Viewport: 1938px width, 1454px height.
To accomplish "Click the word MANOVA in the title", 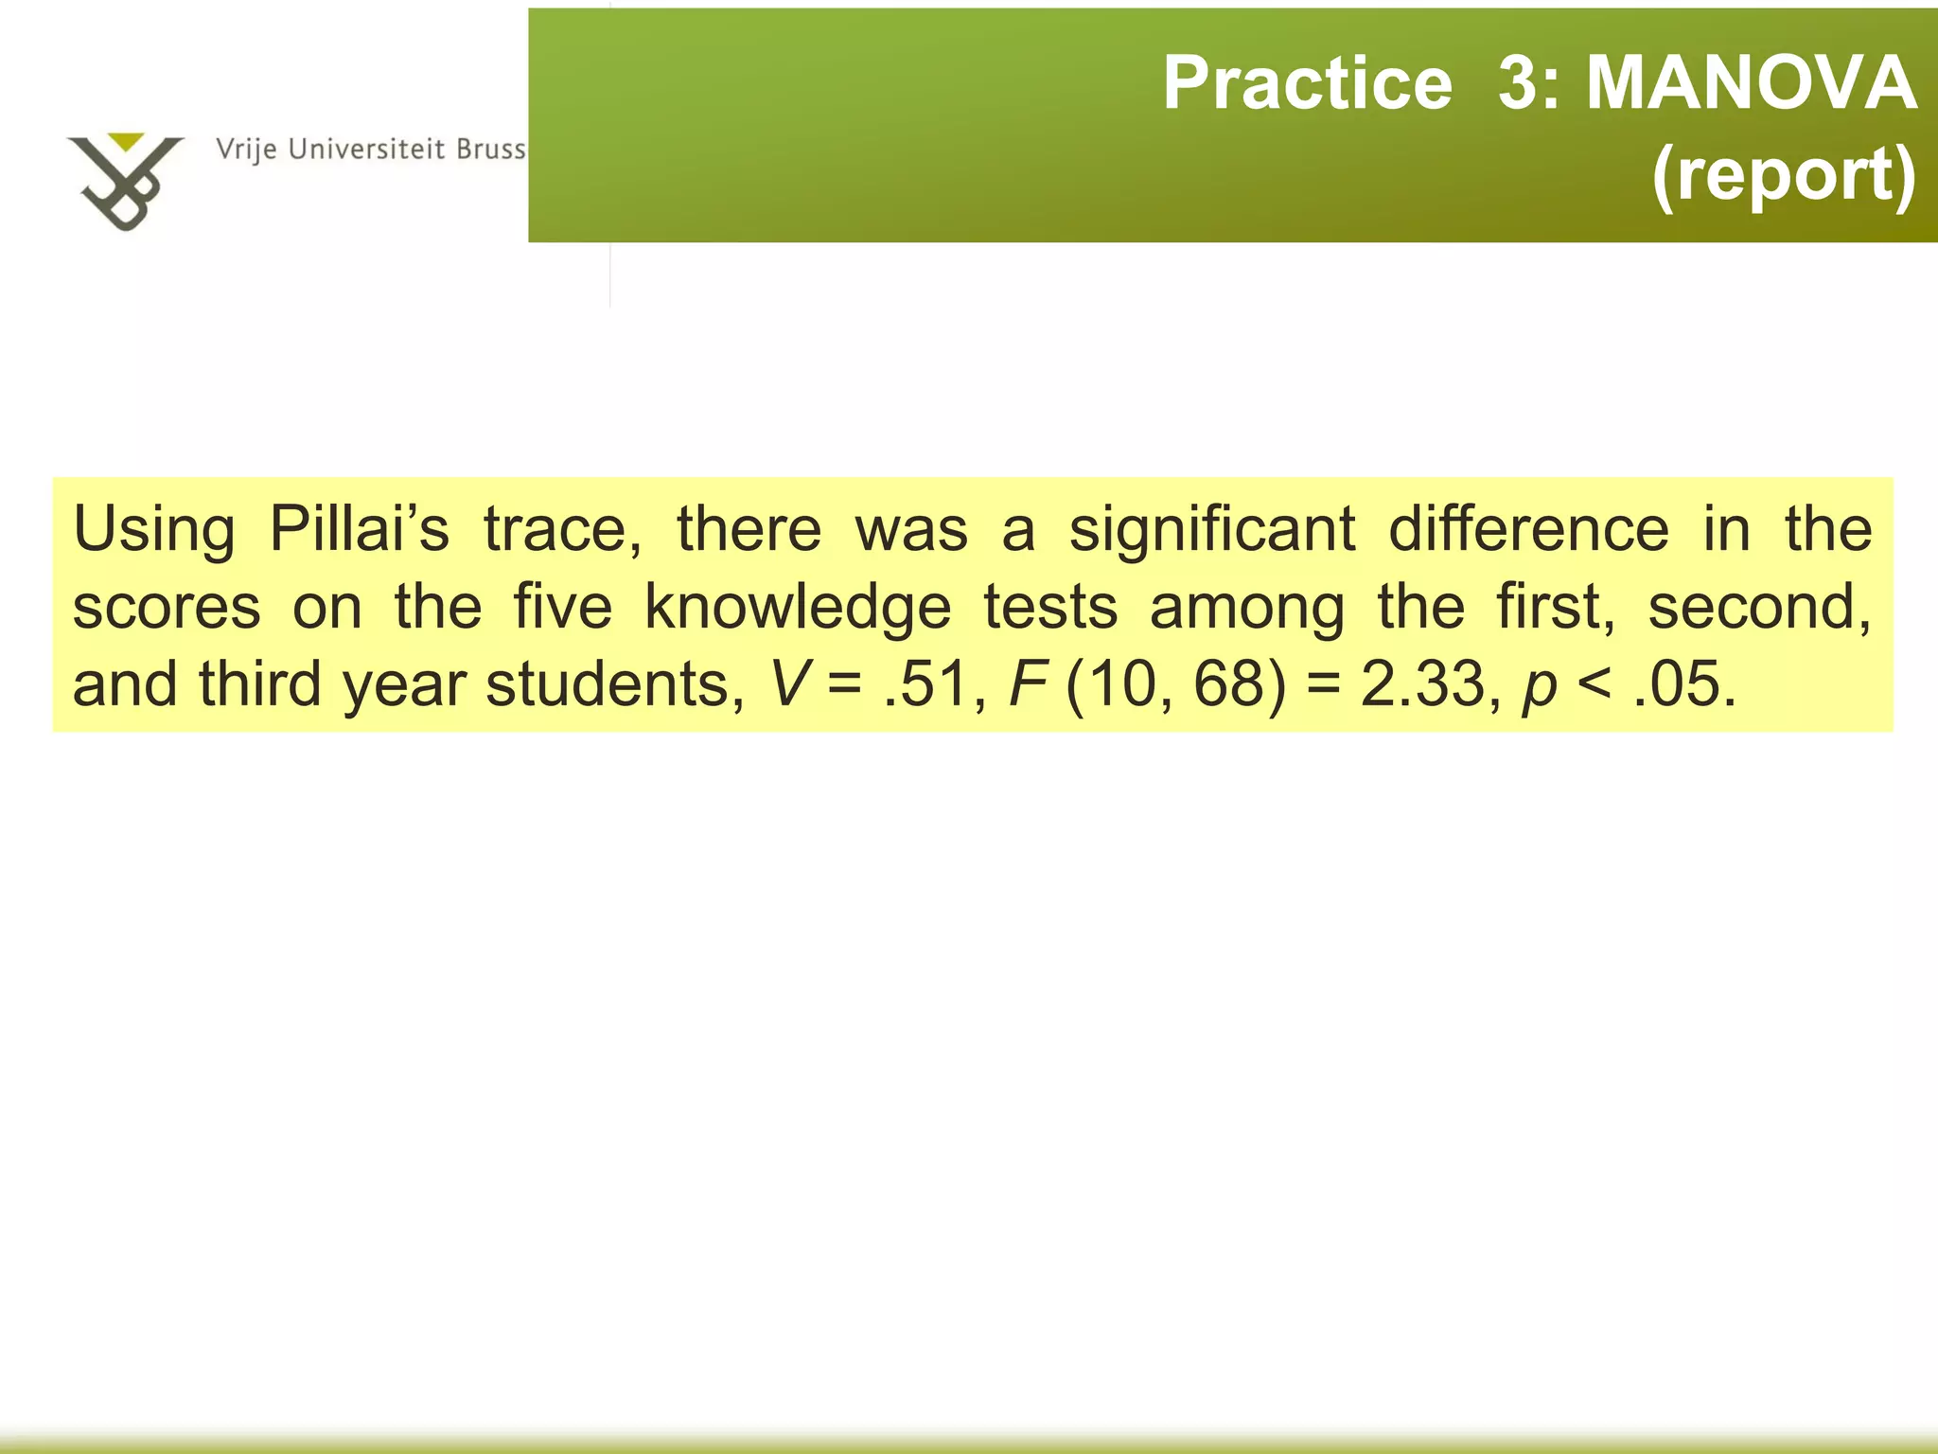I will coord(1751,83).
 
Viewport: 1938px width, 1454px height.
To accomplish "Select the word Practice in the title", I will coord(1307,83).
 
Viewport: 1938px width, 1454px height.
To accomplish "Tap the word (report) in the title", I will coord(1784,174).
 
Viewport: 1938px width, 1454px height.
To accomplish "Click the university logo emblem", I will coord(124,180).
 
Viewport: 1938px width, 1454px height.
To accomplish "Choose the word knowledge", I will coord(798,607).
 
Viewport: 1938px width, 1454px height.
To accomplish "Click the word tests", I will coord(1050,607).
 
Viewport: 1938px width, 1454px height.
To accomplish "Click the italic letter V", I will coord(788,683).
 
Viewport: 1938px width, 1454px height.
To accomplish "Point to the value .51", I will coord(923,683).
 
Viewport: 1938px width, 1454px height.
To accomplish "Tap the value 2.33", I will coord(1423,683).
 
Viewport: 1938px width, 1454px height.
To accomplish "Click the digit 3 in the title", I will coord(1518,83).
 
